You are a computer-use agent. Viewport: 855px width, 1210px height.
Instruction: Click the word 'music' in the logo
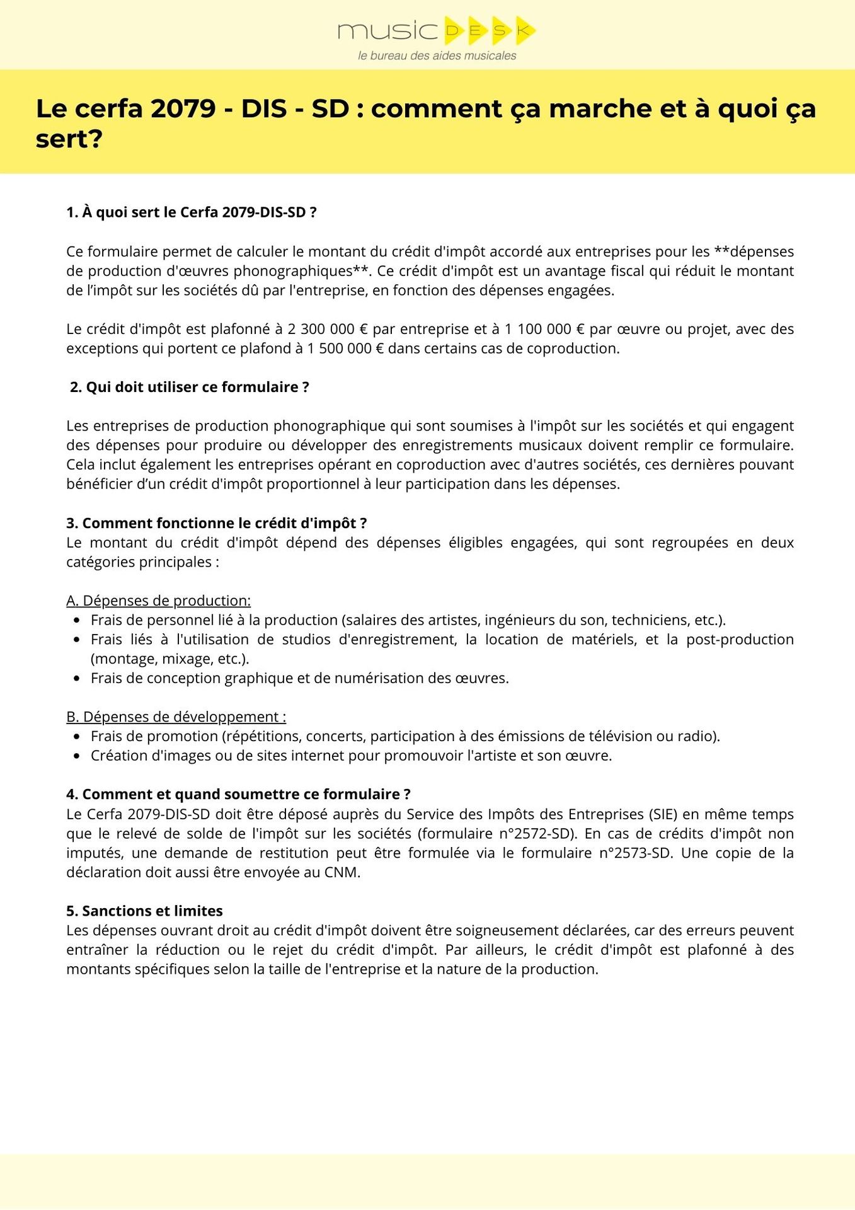click(x=387, y=31)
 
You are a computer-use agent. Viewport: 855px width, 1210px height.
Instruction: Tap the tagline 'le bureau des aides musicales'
click(x=437, y=56)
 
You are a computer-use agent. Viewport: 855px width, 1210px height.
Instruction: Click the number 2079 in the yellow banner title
click(x=183, y=109)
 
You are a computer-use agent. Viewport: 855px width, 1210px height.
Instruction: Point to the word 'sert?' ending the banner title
click(x=69, y=140)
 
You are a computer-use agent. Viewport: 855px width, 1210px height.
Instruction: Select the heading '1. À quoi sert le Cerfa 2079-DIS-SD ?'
click(x=192, y=212)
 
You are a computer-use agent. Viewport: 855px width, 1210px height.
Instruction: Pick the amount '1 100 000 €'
click(x=545, y=329)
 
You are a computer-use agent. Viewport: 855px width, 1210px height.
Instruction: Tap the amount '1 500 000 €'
click(x=345, y=349)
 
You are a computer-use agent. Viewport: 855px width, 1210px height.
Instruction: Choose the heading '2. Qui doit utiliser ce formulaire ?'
click(x=190, y=387)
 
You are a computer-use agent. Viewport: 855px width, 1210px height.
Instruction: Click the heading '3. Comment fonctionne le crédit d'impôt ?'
click(x=217, y=523)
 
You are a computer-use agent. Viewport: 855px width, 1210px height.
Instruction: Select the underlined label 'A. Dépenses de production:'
click(x=159, y=601)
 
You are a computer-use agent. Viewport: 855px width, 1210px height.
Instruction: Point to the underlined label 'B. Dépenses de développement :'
click(x=176, y=717)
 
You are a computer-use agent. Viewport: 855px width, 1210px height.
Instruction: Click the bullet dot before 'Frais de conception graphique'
click(x=77, y=679)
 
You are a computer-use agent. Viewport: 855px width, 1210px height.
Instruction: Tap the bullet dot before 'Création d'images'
click(x=77, y=756)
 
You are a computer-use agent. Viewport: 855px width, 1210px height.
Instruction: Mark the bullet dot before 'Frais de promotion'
click(x=77, y=737)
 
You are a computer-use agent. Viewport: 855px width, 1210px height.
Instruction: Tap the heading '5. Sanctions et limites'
click(x=145, y=911)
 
